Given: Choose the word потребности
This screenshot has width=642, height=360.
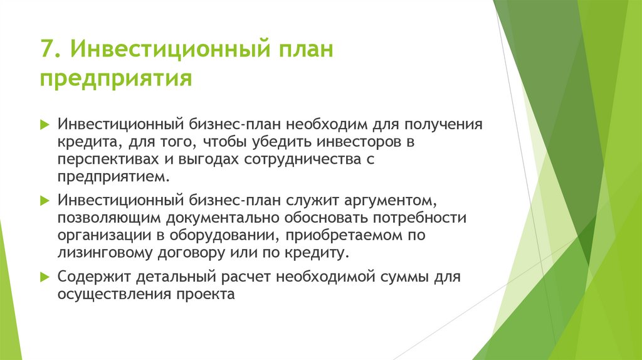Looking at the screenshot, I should click(421, 218).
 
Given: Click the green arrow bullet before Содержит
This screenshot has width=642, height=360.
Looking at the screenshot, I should click(44, 277).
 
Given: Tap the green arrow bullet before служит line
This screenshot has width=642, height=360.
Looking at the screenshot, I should click(44, 201).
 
